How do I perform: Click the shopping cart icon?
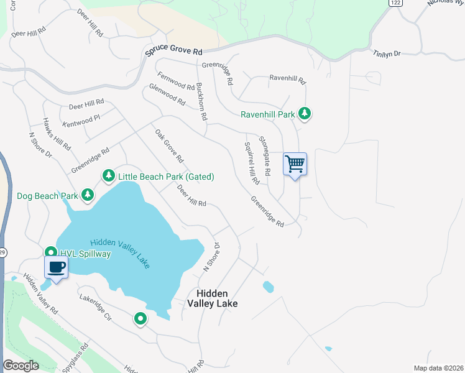click(x=295, y=165)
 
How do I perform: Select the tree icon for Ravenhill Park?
click(x=304, y=114)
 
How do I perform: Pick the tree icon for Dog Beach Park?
click(x=88, y=195)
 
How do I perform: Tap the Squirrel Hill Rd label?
click(x=251, y=163)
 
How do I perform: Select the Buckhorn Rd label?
click(x=201, y=101)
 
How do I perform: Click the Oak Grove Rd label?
click(x=169, y=147)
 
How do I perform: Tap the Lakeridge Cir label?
click(x=94, y=307)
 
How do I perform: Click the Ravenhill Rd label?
click(x=287, y=79)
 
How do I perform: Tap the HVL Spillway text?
click(x=85, y=254)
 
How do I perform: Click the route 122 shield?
click(x=395, y=3)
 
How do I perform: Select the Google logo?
click(x=21, y=366)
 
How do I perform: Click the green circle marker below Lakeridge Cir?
click(x=140, y=320)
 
